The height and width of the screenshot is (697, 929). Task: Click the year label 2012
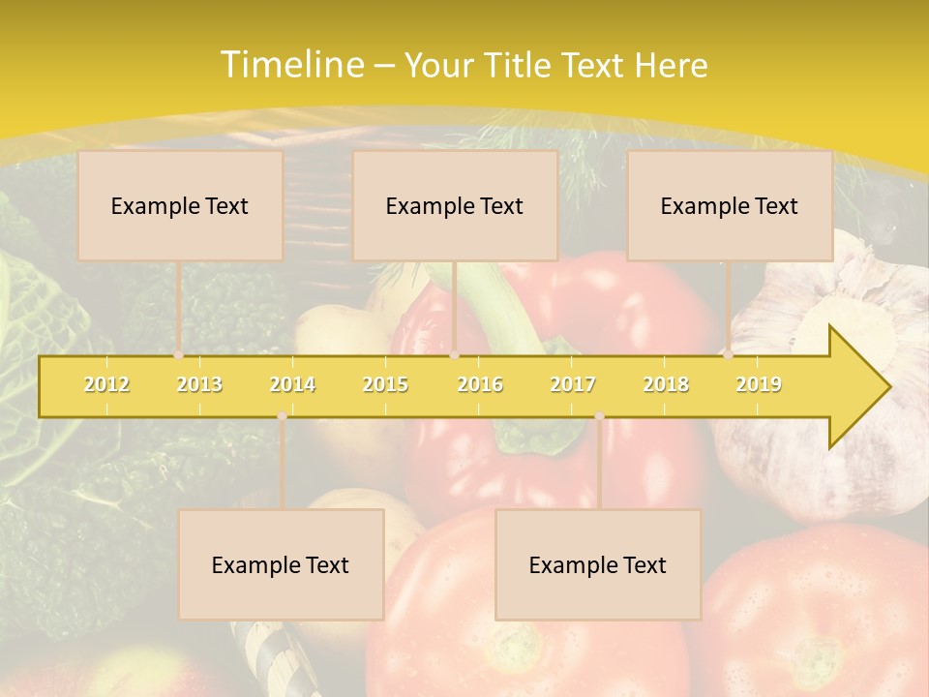coord(106,384)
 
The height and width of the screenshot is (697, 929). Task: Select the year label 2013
coord(199,384)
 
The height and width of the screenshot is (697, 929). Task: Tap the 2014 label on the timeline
coord(292,384)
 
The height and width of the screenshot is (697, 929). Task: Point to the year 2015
coord(385,384)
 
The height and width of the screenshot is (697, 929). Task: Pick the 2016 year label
coord(480,384)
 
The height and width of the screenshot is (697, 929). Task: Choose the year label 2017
coord(573,384)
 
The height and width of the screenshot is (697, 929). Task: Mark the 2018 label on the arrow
coord(666,384)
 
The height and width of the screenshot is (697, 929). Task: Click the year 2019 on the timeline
coord(759,384)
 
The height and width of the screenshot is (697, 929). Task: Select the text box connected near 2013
coord(180,206)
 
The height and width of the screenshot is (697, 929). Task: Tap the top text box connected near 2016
coord(455,206)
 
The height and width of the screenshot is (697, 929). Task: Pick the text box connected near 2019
coord(730,206)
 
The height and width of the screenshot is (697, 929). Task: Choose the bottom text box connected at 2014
coord(281,565)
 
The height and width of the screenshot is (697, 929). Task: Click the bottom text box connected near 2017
coord(598,565)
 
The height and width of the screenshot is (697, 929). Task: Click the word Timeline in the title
coord(290,65)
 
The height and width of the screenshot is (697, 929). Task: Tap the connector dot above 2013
coord(178,354)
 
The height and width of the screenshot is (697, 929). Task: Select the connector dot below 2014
coord(282,416)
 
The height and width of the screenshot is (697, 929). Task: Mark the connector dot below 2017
coord(599,416)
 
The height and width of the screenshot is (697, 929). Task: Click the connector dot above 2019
coord(728,354)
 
